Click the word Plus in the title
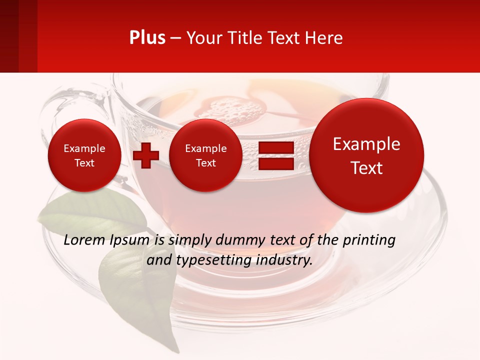click(x=147, y=37)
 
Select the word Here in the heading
click(x=325, y=38)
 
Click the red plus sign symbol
click(x=145, y=155)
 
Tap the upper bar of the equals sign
click(x=275, y=147)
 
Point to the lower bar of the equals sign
click(x=275, y=163)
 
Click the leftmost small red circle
click(x=84, y=155)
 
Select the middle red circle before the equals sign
click(x=206, y=155)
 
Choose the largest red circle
click(x=366, y=155)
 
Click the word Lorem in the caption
click(x=84, y=240)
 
